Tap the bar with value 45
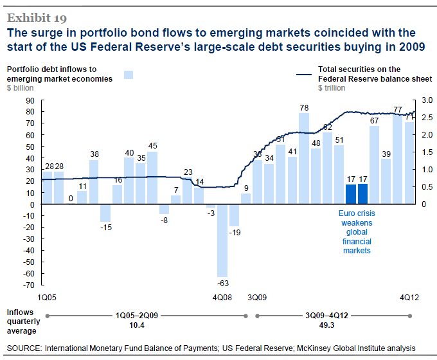[x=152, y=178]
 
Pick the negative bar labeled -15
[x=105, y=213]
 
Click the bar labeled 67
[x=374, y=165]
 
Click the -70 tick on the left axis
[x=29, y=285]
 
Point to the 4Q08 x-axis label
[x=222, y=297]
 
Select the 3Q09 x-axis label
[x=258, y=297]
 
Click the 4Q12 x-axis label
[x=409, y=297]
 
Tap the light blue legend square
[x=129, y=75]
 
